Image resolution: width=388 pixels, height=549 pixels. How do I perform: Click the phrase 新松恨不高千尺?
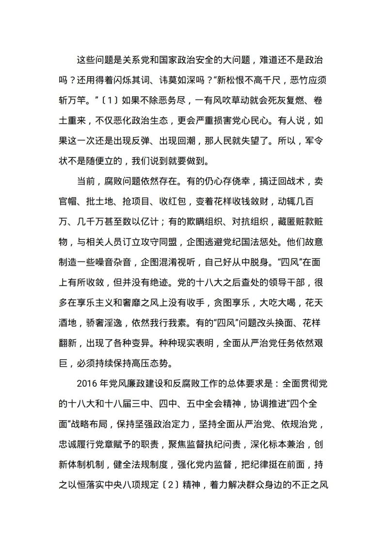(248, 78)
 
